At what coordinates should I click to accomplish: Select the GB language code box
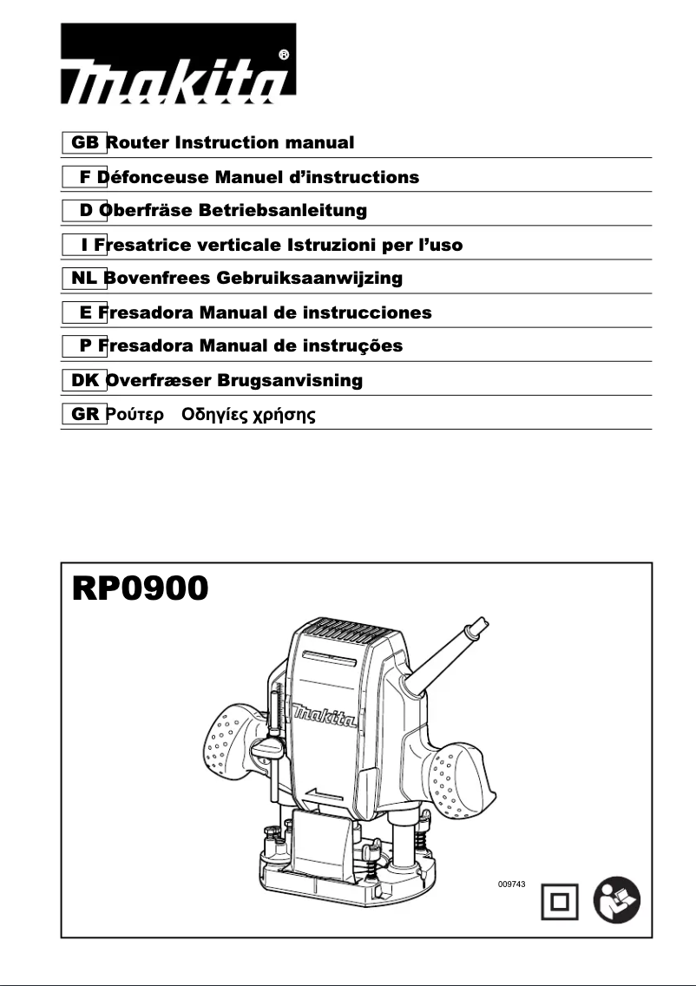(x=84, y=142)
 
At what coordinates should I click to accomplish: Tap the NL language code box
(x=84, y=279)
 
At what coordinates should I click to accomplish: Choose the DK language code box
(x=84, y=380)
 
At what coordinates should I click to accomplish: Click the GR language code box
(x=84, y=414)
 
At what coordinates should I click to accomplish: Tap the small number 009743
(x=512, y=883)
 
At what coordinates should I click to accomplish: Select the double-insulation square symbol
(x=560, y=904)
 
